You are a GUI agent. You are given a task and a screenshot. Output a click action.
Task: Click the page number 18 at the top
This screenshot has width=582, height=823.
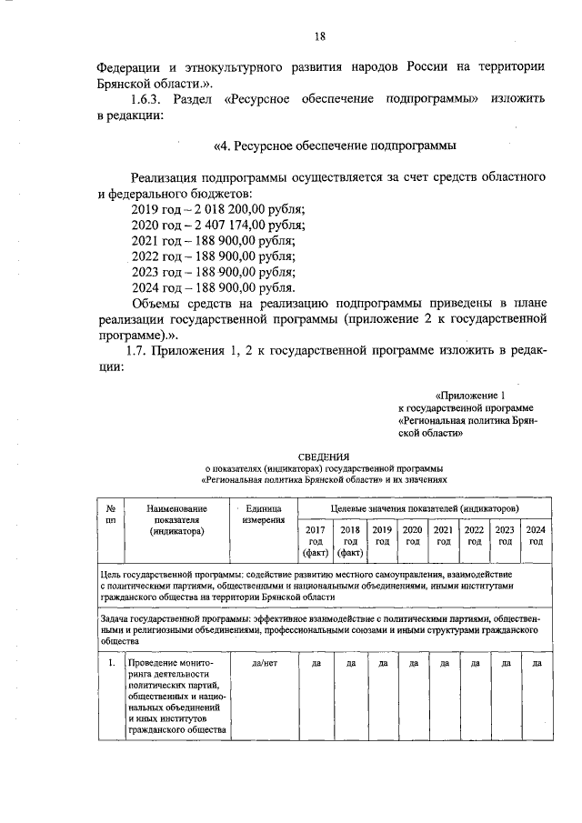click(x=319, y=36)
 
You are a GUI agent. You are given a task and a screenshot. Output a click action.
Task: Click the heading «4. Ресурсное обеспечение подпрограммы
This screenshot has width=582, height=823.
click(x=334, y=146)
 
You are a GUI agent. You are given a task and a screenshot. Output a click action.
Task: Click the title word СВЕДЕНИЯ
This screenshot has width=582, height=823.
click(x=325, y=456)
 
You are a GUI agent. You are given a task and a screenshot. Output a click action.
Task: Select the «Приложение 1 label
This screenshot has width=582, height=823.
click(x=471, y=396)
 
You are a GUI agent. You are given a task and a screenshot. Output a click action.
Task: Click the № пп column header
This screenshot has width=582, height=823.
click(x=110, y=515)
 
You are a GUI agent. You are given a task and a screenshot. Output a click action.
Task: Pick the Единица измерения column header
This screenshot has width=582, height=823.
click(x=263, y=515)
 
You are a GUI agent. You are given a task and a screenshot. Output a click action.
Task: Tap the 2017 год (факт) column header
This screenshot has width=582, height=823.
click(x=314, y=541)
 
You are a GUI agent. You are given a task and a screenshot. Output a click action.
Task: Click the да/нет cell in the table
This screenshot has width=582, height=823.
click(x=263, y=663)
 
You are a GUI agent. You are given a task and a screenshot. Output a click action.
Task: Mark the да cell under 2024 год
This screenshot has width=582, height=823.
click(x=536, y=663)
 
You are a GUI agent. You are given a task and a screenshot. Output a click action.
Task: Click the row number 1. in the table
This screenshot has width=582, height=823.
click(x=110, y=663)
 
